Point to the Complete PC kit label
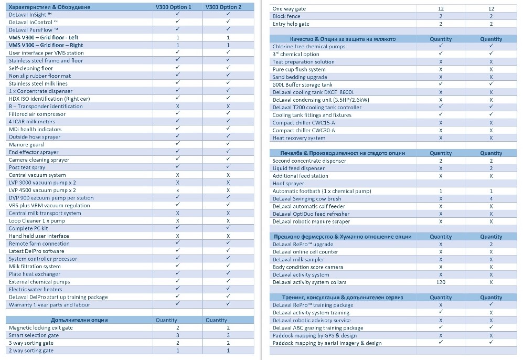pos(28,228)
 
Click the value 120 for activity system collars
pos(441,282)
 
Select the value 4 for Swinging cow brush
pos(491,199)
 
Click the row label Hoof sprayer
pos(288,184)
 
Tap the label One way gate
pos(289,9)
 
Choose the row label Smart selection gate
pos(34,335)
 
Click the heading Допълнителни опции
pos(79,320)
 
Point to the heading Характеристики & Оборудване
pos(49,7)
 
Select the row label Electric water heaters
pos(35,289)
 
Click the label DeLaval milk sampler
pos(298,260)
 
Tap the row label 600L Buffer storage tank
pos(302,84)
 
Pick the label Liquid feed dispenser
pos(298,168)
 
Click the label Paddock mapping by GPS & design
pos(314,336)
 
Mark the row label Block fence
pos(286,16)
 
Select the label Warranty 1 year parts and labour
pos(49,305)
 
